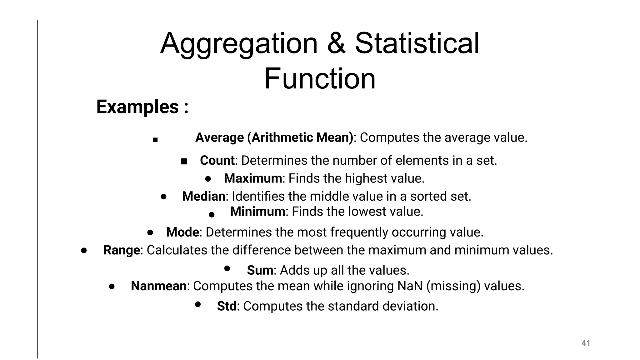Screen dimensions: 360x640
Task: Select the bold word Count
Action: pyautogui.click(x=217, y=160)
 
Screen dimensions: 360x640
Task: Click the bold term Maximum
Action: pyautogui.click(x=253, y=178)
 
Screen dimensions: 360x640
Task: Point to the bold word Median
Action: pyautogui.click(x=203, y=196)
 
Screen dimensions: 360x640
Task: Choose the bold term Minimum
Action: pyautogui.click(x=257, y=212)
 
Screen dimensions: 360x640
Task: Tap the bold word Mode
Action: pyautogui.click(x=182, y=232)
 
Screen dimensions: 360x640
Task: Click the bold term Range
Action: pyautogui.click(x=122, y=250)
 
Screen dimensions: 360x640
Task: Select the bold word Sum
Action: pyautogui.click(x=260, y=270)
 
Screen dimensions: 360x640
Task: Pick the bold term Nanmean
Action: pyautogui.click(x=159, y=286)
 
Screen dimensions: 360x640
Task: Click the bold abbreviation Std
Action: pyautogui.click(x=227, y=306)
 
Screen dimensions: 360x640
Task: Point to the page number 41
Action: pyautogui.click(x=586, y=343)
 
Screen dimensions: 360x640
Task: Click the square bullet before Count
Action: pyautogui.click(x=184, y=161)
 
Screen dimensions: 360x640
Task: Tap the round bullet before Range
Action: pyautogui.click(x=83, y=250)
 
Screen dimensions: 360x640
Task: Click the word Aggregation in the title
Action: pyautogui.click(x=239, y=44)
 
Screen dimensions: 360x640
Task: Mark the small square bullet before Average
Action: pyautogui.click(x=155, y=140)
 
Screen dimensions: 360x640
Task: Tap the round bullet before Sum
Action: pyautogui.click(x=227, y=268)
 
